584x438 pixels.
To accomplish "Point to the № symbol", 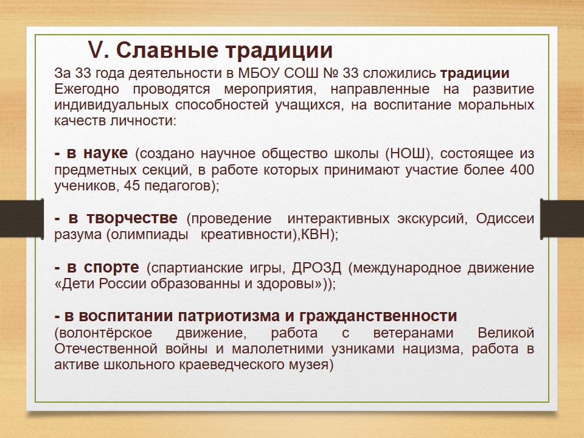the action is [x=330, y=73].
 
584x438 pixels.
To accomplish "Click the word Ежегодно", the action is [x=87, y=90].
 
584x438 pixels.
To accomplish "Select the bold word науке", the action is [x=105, y=153].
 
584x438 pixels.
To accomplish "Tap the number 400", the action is [x=522, y=170].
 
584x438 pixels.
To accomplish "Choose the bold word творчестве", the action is [x=132, y=218].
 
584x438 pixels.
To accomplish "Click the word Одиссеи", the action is [x=505, y=218].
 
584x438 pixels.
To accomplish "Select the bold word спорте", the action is [x=111, y=268].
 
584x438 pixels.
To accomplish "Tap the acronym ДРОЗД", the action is [x=316, y=268].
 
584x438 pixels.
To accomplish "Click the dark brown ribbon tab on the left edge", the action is [x=22, y=218].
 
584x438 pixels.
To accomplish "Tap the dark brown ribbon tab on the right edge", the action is [x=562, y=218].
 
